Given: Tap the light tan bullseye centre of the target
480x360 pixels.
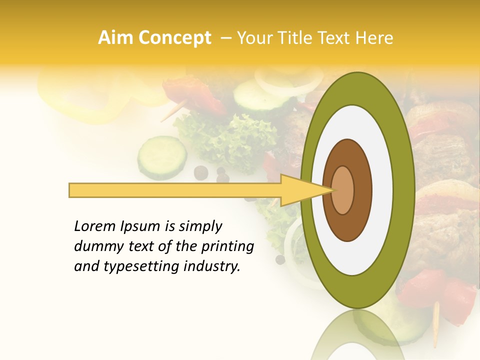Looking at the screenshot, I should coord(342,190).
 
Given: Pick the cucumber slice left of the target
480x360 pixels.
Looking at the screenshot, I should coord(161,156).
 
